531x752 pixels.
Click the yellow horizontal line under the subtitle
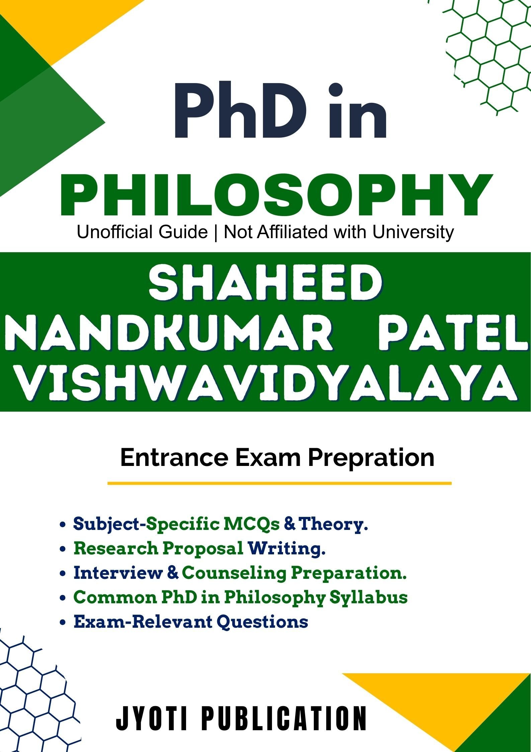(x=279, y=483)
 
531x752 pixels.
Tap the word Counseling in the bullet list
(x=234, y=573)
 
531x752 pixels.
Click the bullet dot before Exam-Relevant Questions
(x=62, y=623)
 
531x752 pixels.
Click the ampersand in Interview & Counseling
(x=172, y=573)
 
